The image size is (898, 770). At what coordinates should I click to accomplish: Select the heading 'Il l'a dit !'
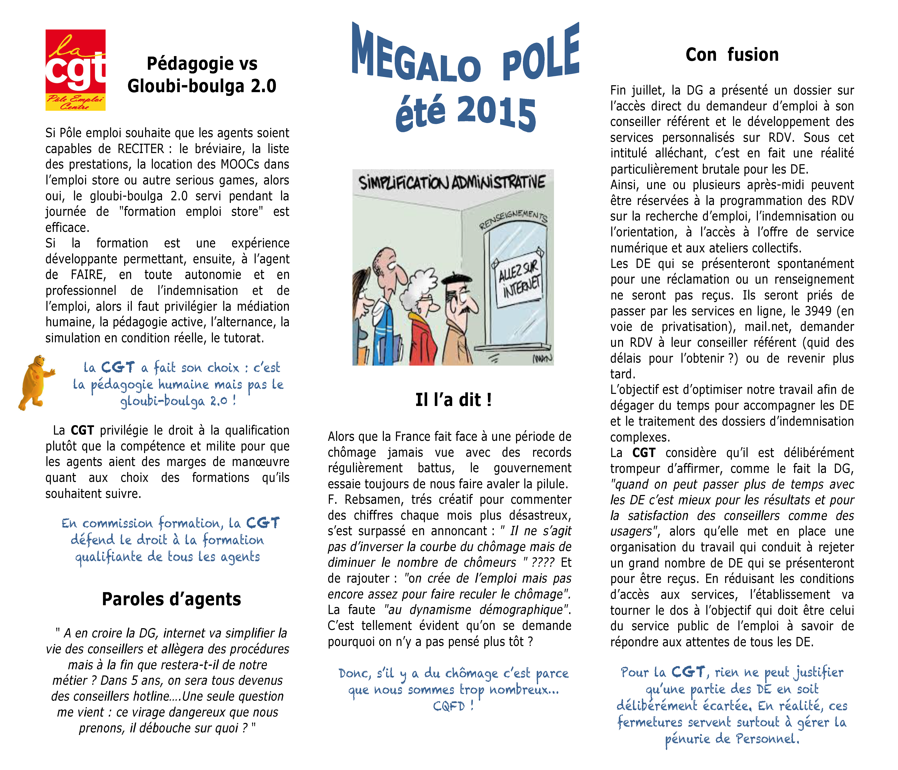[453, 400]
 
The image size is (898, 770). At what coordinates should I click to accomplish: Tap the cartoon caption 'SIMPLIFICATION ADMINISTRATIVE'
[452, 183]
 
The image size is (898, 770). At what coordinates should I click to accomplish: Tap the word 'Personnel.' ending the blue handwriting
[767, 739]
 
